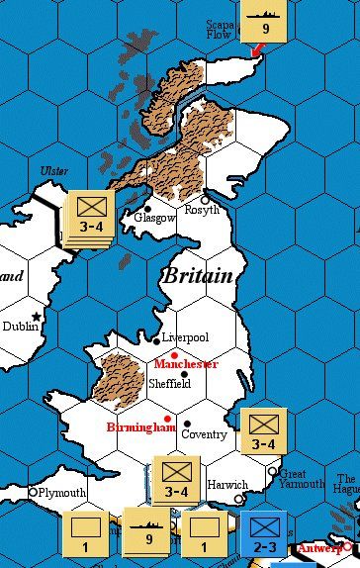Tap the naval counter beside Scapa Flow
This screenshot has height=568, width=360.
pyautogui.click(x=264, y=22)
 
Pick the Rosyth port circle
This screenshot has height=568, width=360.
pyautogui.click(x=206, y=199)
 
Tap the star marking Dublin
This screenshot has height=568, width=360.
pyautogui.click(x=37, y=316)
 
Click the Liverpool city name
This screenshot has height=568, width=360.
pyautogui.click(x=186, y=337)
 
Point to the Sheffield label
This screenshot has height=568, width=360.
pyautogui.click(x=169, y=383)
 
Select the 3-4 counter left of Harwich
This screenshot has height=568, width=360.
pyautogui.click(x=176, y=478)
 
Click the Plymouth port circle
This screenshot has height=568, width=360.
pyautogui.click(x=33, y=492)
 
